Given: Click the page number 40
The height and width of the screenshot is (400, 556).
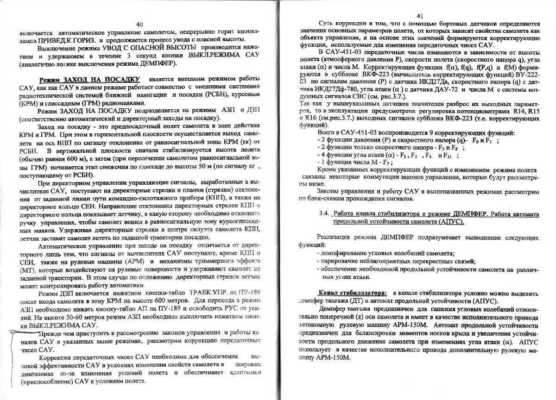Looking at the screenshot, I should tap(140, 24).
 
